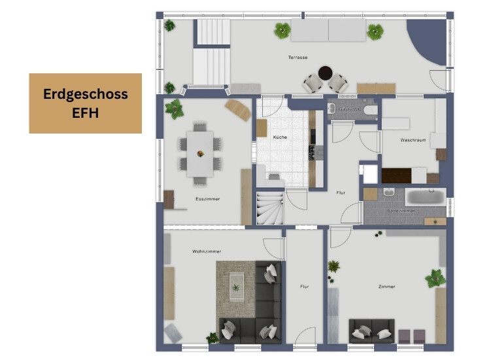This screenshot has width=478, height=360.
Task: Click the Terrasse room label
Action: coord(298,58)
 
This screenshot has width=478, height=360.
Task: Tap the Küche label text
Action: coord(281,137)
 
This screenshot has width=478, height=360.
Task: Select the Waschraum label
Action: coord(413,141)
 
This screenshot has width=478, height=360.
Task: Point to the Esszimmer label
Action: coord(207,198)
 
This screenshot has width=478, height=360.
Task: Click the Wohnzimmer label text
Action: coord(207,251)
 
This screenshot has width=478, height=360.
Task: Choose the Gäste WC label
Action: coord(350,109)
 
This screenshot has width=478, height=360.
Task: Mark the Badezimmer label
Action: coord(401,211)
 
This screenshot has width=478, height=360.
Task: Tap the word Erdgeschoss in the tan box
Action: coord(85,94)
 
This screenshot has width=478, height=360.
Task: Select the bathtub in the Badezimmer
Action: coord(426,196)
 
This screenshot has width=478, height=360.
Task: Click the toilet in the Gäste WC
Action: coord(371,109)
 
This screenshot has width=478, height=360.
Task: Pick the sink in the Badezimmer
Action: coord(388,192)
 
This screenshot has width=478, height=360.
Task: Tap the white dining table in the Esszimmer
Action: coord(200,153)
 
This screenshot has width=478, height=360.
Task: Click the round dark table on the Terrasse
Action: coord(325,73)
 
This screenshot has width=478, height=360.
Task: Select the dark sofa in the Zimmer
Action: coord(371,331)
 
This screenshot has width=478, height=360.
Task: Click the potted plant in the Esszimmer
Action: coord(175,108)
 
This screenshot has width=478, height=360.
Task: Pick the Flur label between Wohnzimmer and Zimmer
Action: coord(305,287)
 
